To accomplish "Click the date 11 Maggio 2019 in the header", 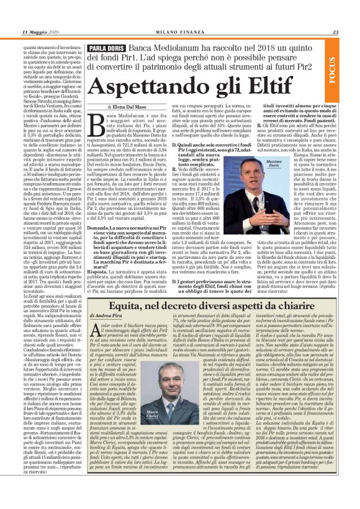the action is (40, 33).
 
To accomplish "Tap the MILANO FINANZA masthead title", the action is (180, 33).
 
